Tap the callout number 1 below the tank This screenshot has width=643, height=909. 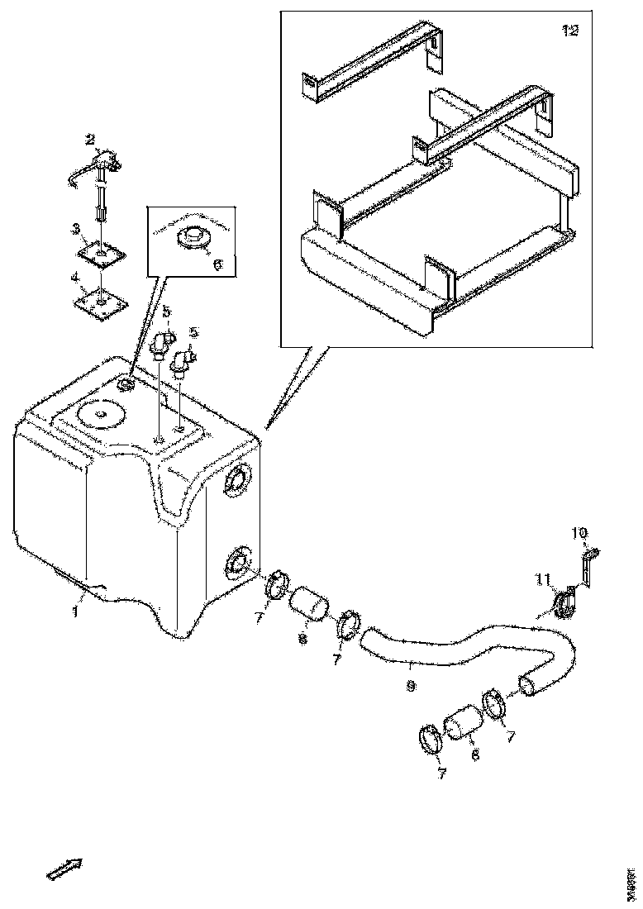pos(74,613)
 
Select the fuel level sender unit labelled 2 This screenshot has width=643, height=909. pos(101,170)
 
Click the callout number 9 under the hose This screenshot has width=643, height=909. pos(411,686)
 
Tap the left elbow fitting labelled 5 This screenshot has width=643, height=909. pos(162,341)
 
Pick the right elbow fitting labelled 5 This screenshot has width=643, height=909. pos(183,360)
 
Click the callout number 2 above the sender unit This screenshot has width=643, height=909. pos(91,139)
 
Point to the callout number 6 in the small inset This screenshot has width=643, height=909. pos(217,264)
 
